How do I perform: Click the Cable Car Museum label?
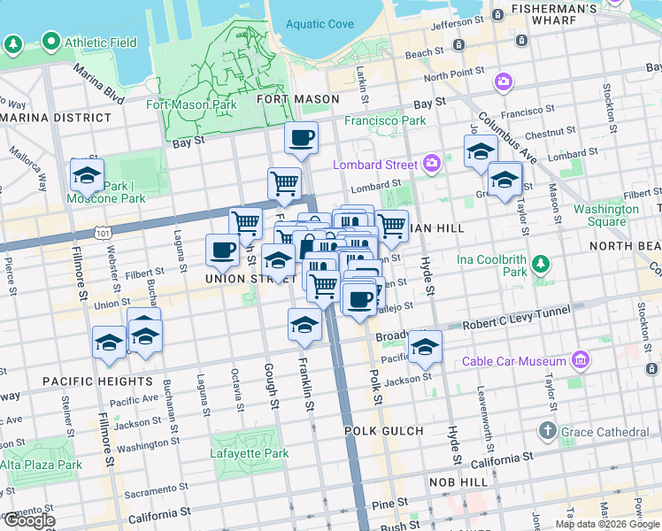coord(513,361)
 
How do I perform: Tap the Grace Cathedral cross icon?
coord(548,432)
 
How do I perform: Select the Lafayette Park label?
coord(249,453)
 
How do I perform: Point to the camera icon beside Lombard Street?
coord(432,162)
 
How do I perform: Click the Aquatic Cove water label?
coord(318,25)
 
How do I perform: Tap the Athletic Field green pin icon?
coord(50,42)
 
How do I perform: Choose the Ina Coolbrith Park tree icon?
coord(540,264)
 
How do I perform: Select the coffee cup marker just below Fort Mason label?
coord(301,139)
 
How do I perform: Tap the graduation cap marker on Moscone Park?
coord(87,176)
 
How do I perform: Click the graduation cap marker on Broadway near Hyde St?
coord(425,346)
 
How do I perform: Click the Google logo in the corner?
coord(28,520)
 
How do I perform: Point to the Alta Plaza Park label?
coord(41,465)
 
